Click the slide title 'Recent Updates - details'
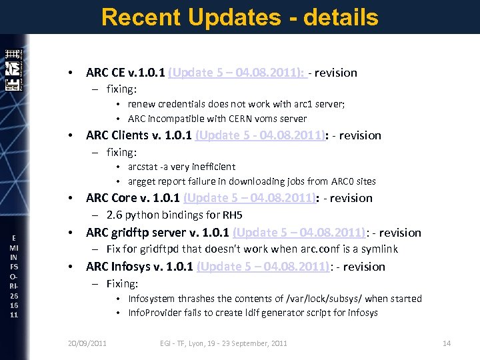coord(240,17)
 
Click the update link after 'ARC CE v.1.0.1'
coord(237,73)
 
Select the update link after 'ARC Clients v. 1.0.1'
coord(260,135)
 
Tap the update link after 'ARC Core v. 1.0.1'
coord(249,198)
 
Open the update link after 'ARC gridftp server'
coord(299,233)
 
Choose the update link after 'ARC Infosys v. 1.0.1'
coord(263,267)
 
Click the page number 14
coord(447,343)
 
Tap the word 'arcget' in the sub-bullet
coord(141,181)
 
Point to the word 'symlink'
coord(379,249)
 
